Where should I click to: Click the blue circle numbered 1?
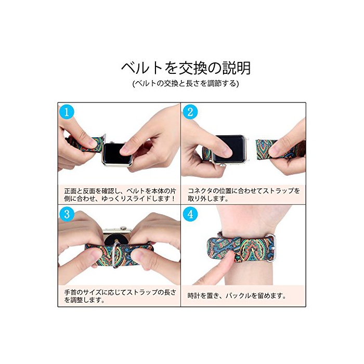click(67, 112)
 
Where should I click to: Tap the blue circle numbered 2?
click(190, 112)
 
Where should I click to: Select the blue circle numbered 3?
click(67, 214)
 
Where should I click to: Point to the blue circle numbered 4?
click(190, 214)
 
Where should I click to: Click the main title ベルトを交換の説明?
click(186, 68)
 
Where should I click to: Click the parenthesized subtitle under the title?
click(186, 83)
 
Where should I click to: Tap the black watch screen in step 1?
click(116, 154)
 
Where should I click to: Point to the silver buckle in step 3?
click(116, 255)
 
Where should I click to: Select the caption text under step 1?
click(120, 195)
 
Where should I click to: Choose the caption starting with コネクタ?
click(243, 195)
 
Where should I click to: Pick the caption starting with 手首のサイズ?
click(120, 296)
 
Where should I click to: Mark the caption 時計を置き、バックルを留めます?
click(237, 296)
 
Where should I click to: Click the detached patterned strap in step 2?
click(280, 150)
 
